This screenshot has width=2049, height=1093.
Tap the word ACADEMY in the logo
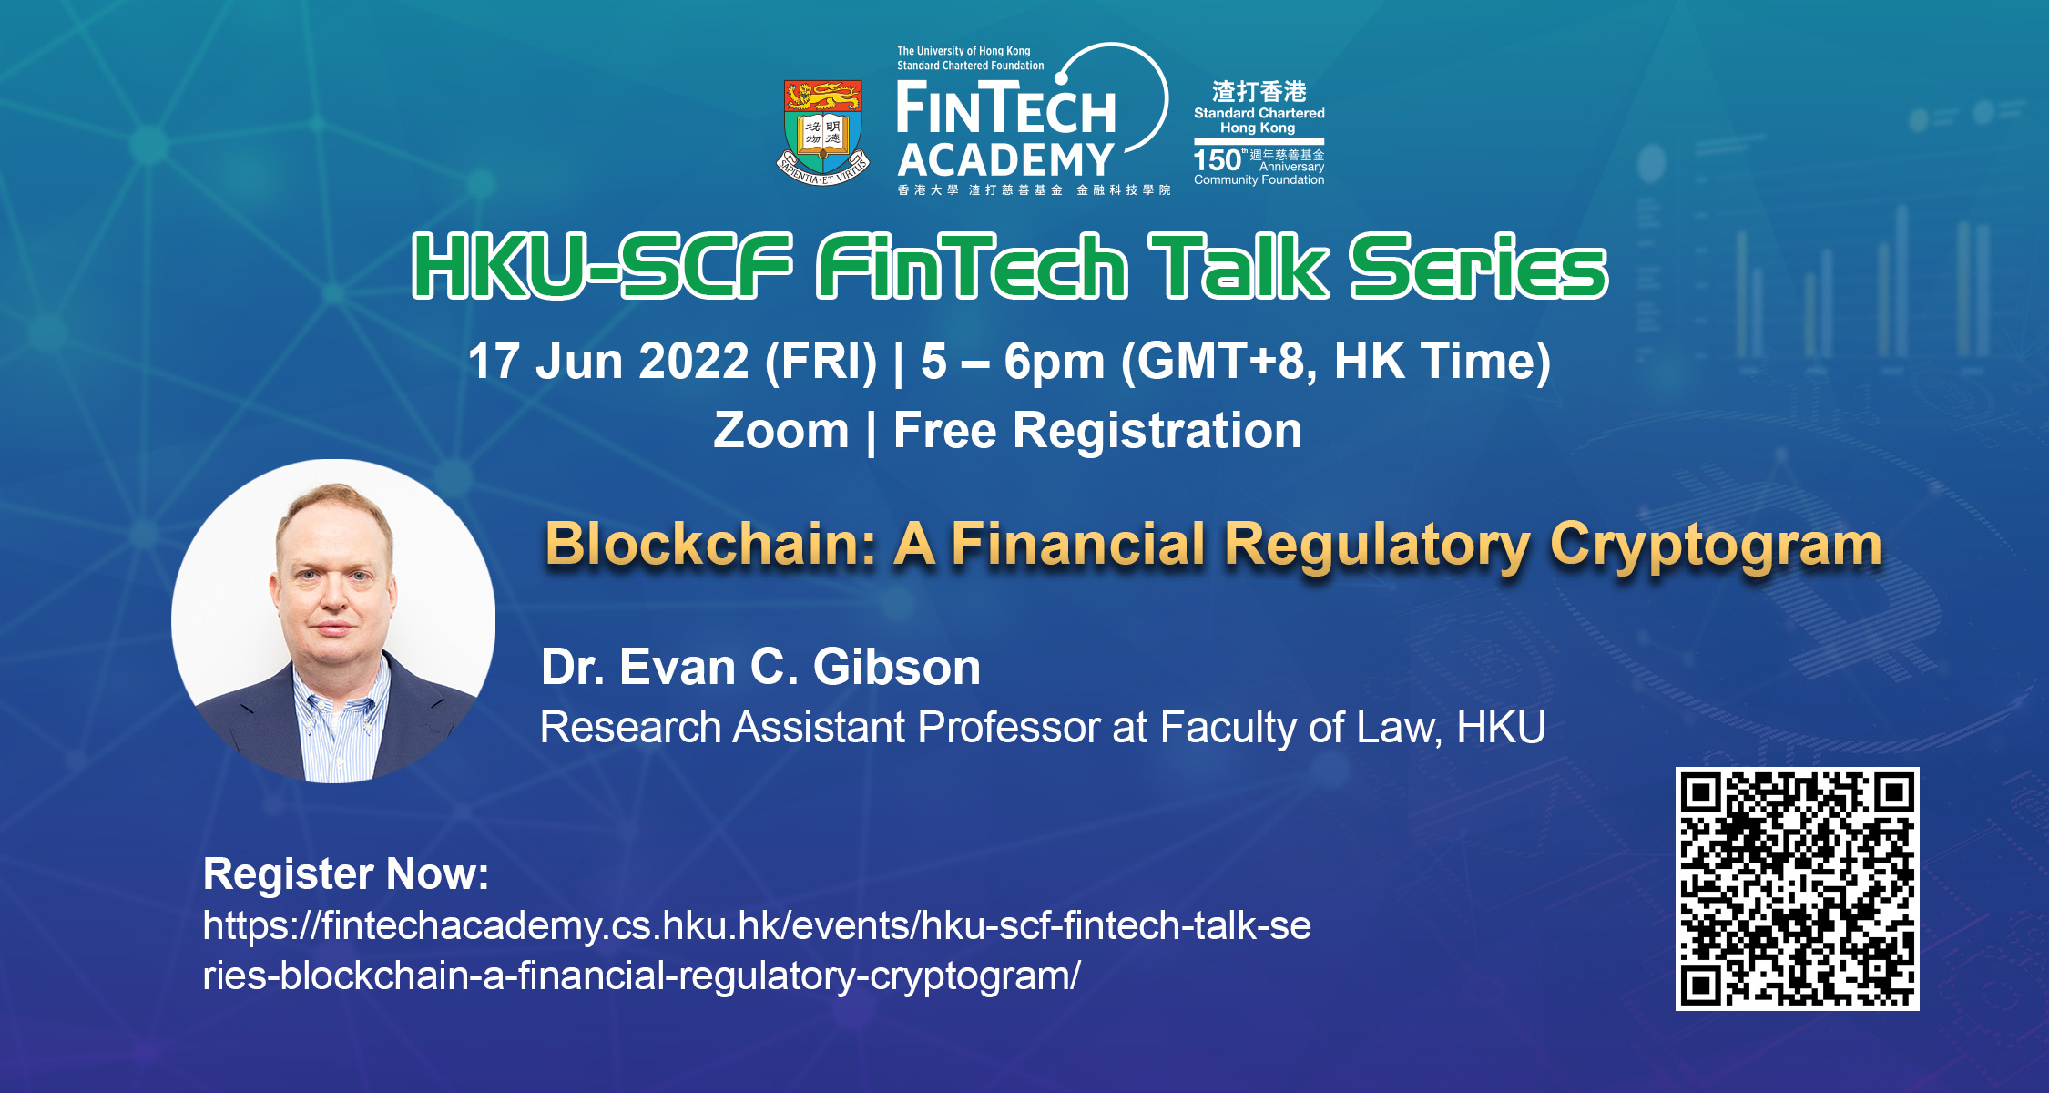pos(1005,159)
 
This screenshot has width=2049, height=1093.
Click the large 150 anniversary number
pos(1218,160)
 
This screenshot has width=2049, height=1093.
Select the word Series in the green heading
pos(1478,266)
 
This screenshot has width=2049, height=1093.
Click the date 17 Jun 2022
pos(608,361)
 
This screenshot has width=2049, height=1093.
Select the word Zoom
pos(780,430)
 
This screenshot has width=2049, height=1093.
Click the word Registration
pos(1157,431)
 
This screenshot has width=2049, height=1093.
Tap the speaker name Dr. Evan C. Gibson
pos(760,667)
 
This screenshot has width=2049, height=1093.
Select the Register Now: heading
pos(346,874)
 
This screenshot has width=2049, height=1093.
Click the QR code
pos(1797,889)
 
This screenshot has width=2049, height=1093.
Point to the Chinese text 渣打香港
pos(1259,91)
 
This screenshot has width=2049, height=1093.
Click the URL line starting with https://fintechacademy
pos(757,926)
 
